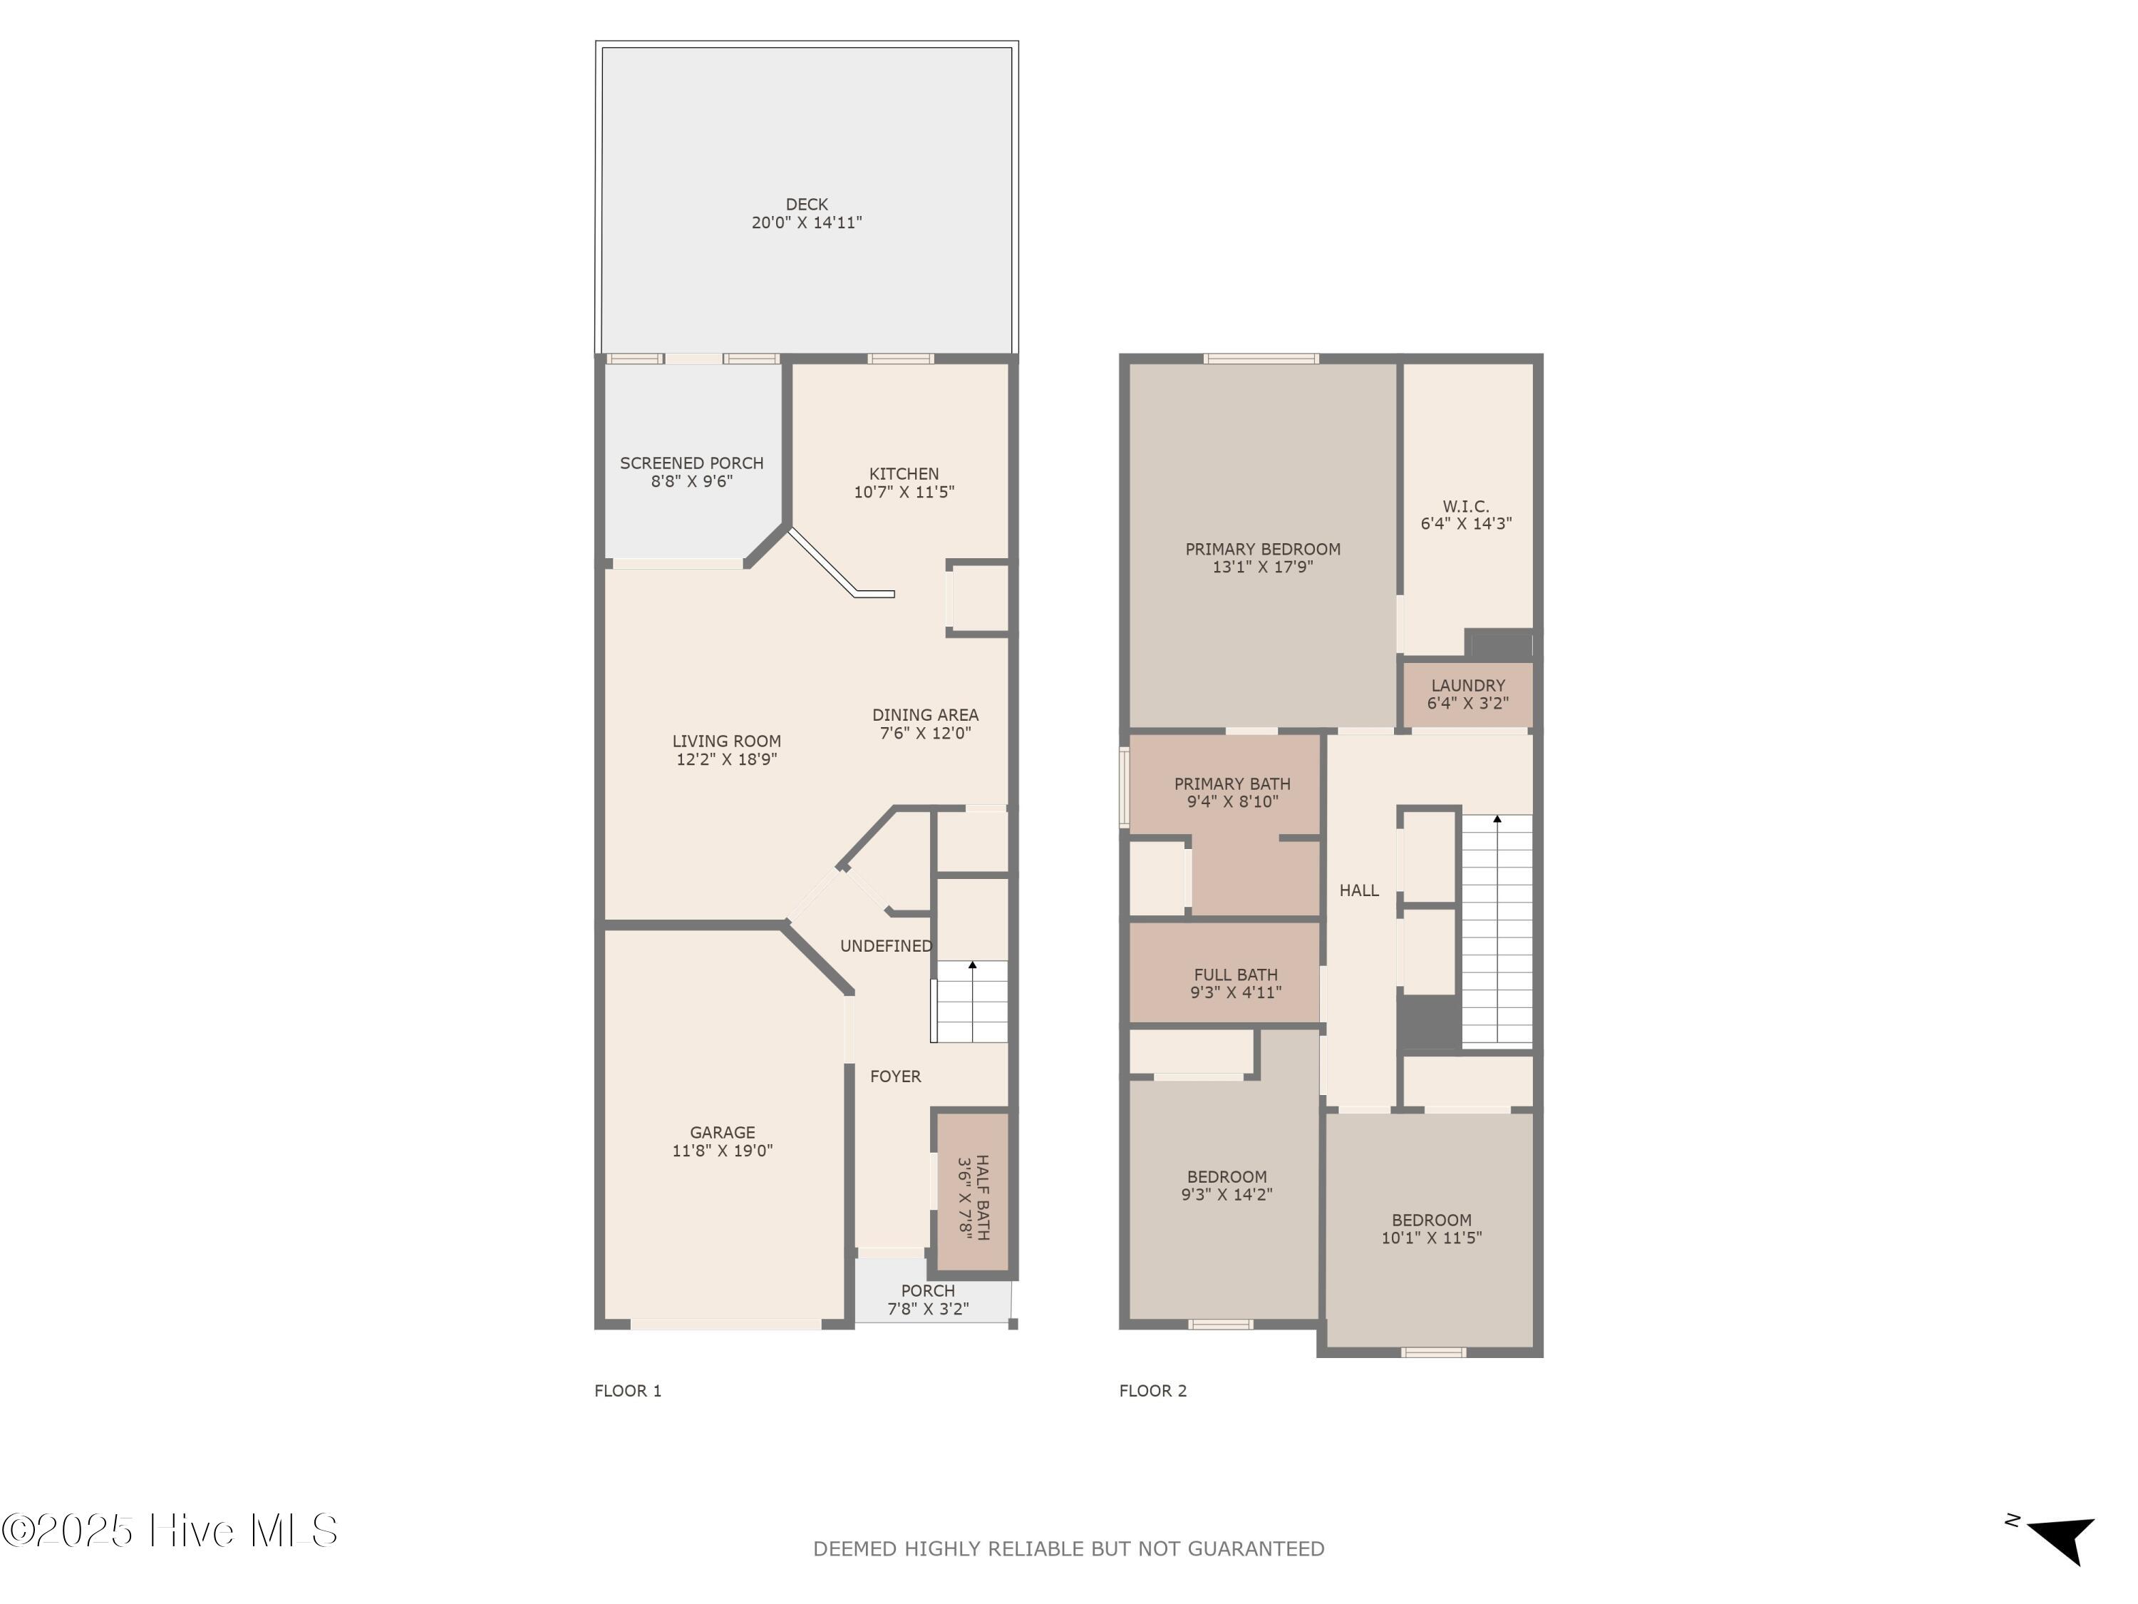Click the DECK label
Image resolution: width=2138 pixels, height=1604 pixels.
pos(806,204)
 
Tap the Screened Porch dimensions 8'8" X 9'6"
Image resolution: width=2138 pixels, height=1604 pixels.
pos(691,481)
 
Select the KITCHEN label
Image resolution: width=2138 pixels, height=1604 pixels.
pos(903,474)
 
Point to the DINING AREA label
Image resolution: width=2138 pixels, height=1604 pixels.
pos(925,716)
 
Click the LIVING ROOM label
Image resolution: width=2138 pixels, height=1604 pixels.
pos(726,741)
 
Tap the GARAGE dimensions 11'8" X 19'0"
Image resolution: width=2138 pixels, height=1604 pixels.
pos(722,1151)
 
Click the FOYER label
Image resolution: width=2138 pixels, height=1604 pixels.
pos(895,1076)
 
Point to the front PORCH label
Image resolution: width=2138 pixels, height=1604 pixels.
pos(927,1291)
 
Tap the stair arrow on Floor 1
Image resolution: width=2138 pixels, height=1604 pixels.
pos(972,966)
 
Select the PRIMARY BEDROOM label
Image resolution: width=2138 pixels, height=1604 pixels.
pos(1262,549)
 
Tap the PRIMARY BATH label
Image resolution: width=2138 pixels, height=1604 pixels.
pos(1231,784)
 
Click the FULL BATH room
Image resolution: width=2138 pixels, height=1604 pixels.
pos(1234,982)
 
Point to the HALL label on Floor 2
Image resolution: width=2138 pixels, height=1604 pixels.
pos(1358,890)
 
